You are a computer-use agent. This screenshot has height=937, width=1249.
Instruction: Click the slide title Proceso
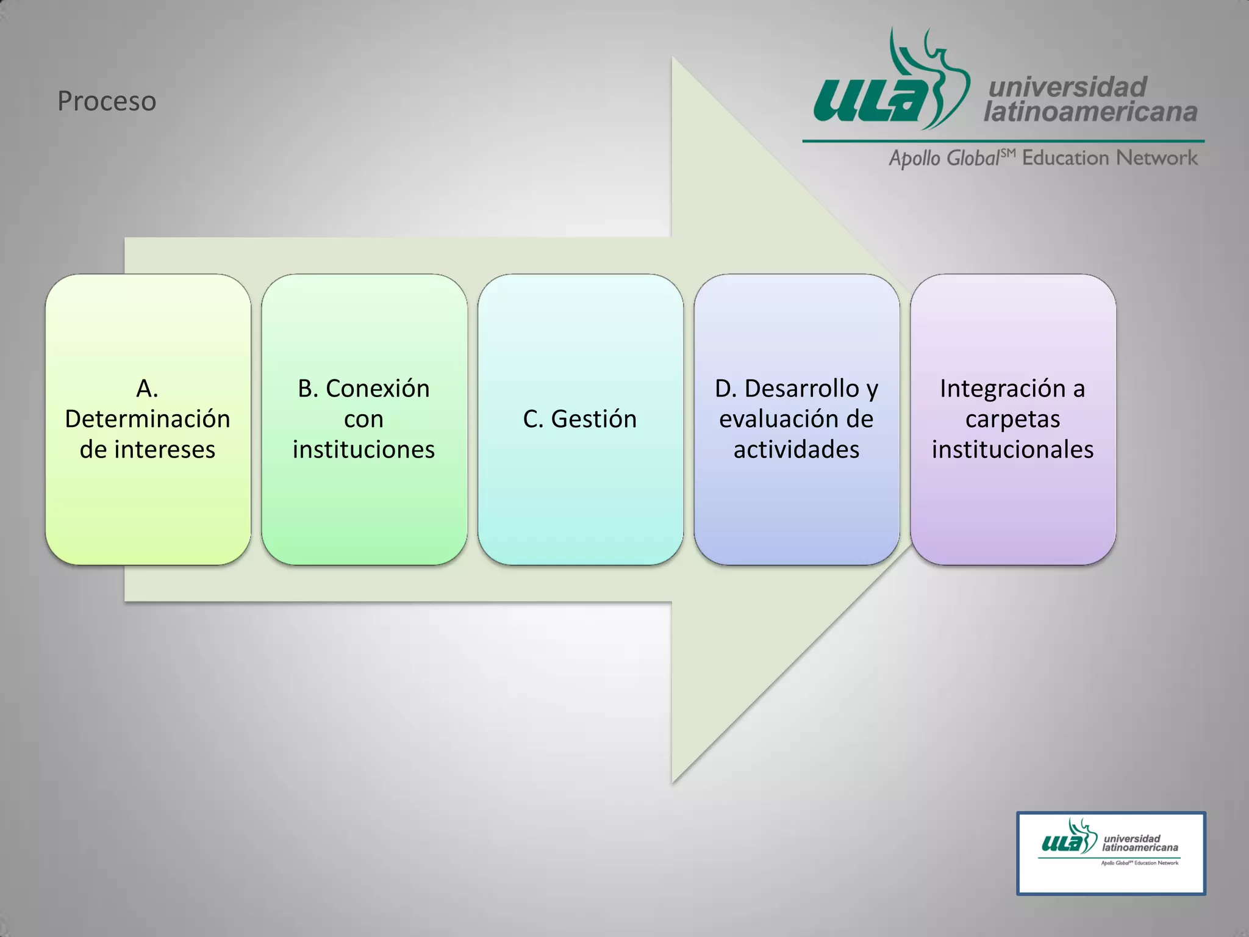[x=107, y=101]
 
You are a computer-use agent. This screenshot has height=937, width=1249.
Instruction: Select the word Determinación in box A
[x=148, y=419]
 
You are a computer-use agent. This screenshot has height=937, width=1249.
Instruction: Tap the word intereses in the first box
[x=164, y=450]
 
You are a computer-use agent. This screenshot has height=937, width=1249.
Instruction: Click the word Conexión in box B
[x=378, y=389]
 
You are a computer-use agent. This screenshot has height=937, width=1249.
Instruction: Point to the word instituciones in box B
[x=363, y=450]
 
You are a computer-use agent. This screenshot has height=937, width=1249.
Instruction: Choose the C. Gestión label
[x=579, y=419]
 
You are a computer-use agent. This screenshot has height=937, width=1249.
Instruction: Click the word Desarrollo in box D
[x=801, y=389]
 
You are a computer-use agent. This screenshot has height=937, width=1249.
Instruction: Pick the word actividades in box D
[x=796, y=450]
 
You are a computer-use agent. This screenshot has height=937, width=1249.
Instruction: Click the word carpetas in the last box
[x=1012, y=419]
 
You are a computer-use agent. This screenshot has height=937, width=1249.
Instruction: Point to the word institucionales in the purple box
[x=1012, y=450]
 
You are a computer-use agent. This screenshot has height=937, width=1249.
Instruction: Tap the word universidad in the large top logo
[x=1067, y=87]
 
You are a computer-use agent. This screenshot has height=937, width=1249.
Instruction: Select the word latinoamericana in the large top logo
[x=1090, y=112]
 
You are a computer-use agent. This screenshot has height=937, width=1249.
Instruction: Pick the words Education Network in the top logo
[x=1109, y=158]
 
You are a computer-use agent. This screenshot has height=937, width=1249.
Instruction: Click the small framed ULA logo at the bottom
[x=1111, y=853]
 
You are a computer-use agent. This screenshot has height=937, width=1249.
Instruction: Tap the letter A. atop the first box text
[x=147, y=389]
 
